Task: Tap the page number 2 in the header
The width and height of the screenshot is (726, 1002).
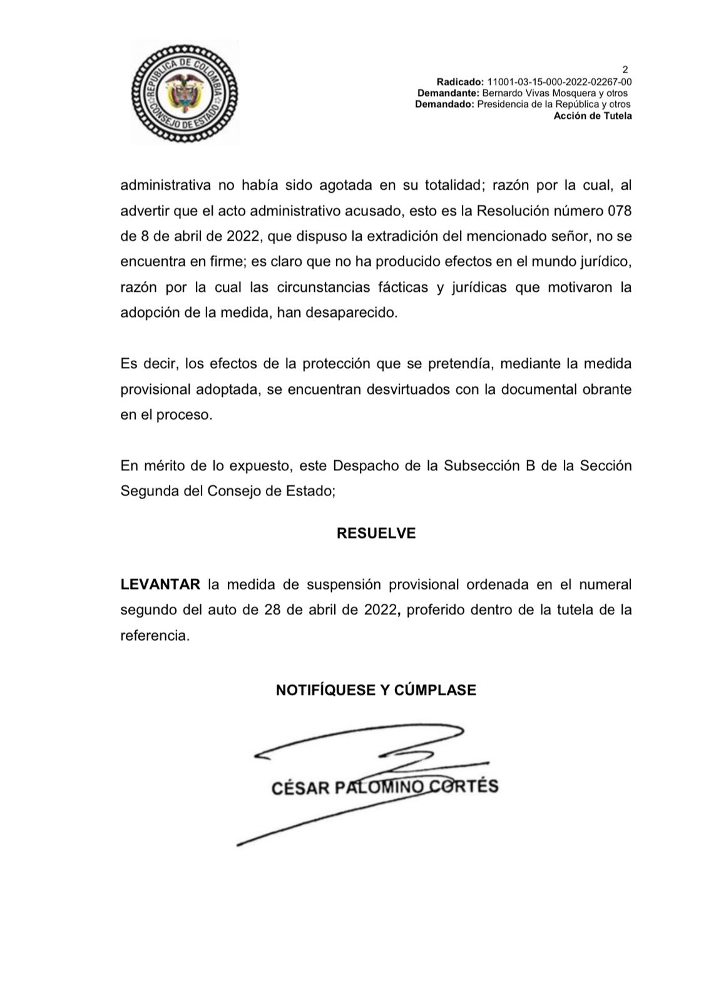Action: click(625, 70)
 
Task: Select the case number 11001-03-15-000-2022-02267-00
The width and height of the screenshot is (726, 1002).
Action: click(559, 82)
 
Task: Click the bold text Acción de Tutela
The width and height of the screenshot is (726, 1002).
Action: click(593, 116)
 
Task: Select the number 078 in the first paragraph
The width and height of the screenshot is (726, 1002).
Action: click(620, 211)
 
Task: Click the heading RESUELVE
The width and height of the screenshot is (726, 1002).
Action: click(376, 534)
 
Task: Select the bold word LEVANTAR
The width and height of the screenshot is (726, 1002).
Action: click(160, 585)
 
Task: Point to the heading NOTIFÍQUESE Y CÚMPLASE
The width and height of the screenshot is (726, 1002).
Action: click(376, 690)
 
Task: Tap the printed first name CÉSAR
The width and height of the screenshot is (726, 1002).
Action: click(300, 788)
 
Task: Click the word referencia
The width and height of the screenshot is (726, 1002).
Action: click(154, 636)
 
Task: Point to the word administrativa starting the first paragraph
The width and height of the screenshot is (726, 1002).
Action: click(164, 185)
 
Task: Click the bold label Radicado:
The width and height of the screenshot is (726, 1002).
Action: click(460, 82)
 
